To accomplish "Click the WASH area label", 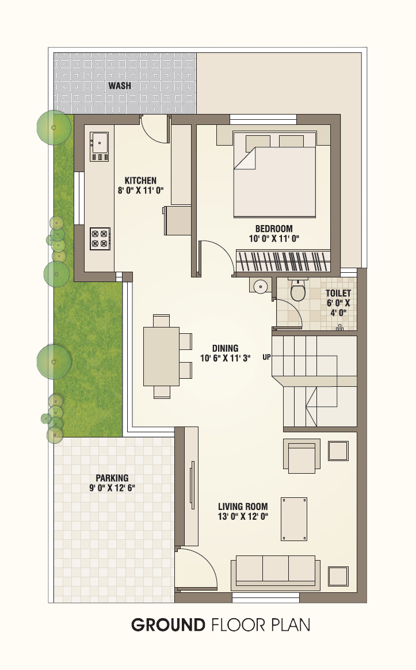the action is click(120, 85).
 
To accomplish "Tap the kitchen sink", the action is click(99, 147).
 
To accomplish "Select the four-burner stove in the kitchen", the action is click(100, 238).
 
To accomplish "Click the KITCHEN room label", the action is click(140, 180).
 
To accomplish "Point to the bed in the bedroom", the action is click(274, 174).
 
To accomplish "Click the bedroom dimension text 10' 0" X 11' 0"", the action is click(274, 238).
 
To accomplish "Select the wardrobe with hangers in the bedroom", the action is click(283, 261).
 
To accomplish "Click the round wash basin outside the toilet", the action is click(260, 286).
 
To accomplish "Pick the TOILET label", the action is click(338, 293).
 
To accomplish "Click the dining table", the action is click(161, 356).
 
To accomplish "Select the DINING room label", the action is click(225, 348).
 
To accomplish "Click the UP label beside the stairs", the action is click(266, 357).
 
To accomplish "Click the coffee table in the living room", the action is click(294, 519).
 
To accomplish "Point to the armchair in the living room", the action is click(301, 456).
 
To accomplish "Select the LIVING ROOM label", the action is click(243, 507).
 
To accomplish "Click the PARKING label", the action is click(112, 478).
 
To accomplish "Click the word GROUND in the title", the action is click(168, 625).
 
